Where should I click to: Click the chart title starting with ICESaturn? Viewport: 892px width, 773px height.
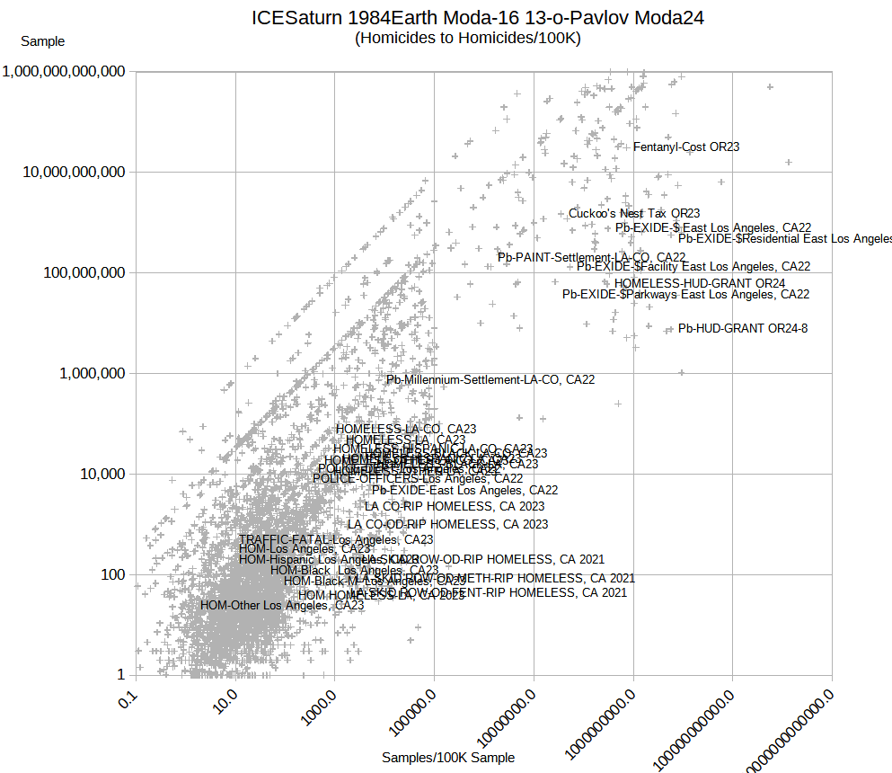(x=477, y=17)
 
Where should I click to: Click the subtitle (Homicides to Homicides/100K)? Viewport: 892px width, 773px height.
(x=468, y=38)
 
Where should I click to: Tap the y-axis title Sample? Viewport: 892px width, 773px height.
(x=43, y=41)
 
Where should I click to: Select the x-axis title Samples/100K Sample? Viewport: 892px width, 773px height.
(x=448, y=758)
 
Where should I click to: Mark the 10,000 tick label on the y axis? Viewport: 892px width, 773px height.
(x=98, y=474)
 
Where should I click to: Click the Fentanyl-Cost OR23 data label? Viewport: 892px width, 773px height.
(x=686, y=147)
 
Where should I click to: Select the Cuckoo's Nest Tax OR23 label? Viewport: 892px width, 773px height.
(x=634, y=213)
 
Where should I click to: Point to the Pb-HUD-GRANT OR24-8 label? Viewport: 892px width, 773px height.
(x=743, y=328)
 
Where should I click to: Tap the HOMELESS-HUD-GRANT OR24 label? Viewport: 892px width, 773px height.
(x=700, y=283)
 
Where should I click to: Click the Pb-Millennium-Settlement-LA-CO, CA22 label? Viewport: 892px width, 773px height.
(x=490, y=379)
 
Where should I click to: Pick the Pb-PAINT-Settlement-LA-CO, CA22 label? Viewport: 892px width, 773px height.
(x=592, y=258)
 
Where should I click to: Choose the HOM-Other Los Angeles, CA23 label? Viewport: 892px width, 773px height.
(x=282, y=605)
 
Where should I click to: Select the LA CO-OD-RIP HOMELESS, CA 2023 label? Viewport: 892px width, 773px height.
(x=447, y=524)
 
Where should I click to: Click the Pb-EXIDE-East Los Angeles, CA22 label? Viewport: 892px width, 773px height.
(x=465, y=490)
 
